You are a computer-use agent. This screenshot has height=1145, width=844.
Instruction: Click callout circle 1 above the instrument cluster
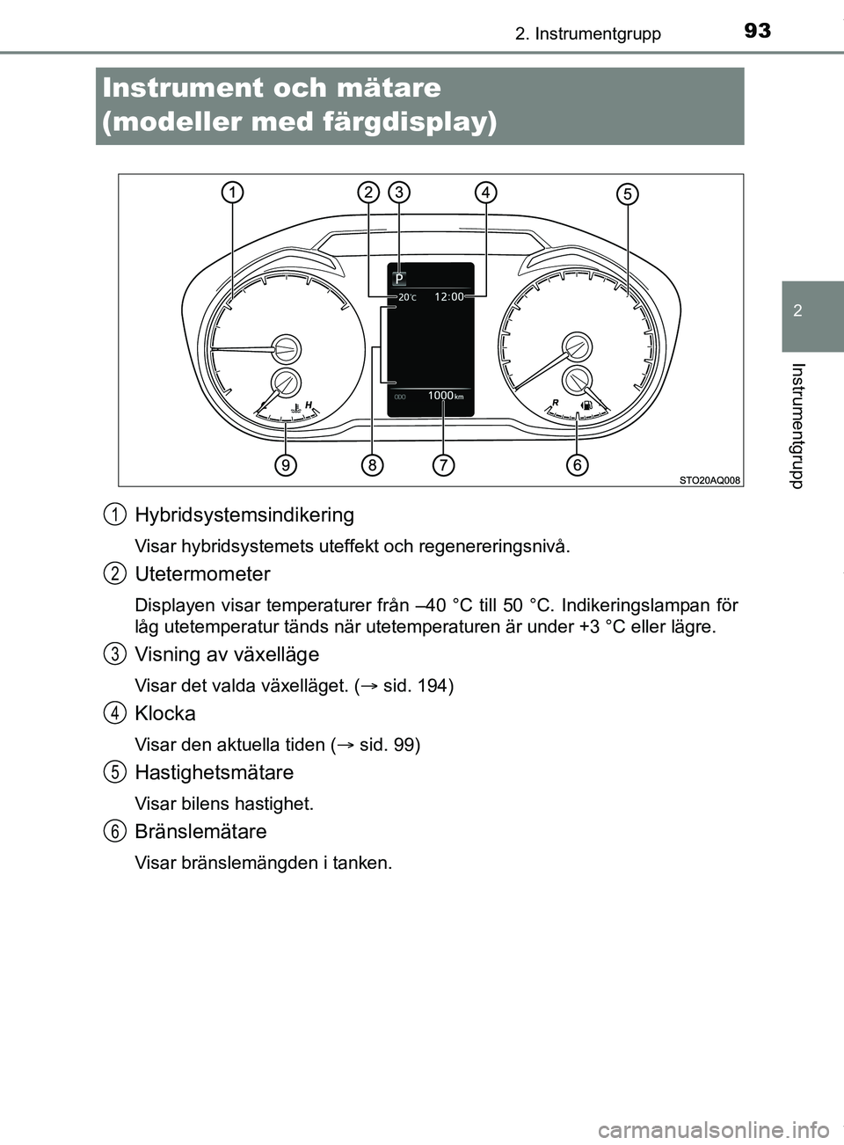pos(232,193)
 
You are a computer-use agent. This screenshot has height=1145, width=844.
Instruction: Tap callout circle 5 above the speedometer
pos(627,193)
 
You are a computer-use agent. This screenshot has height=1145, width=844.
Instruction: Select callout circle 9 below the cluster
pos(284,464)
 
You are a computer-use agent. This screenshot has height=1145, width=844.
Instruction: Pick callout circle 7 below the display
pos(443,464)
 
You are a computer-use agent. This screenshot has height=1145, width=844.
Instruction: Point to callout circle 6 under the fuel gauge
pos(577,464)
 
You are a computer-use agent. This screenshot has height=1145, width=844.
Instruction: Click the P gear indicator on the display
pos(399,279)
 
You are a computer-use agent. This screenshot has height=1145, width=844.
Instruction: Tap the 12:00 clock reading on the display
pos(448,297)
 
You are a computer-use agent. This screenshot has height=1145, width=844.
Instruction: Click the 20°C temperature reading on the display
pos(407,298)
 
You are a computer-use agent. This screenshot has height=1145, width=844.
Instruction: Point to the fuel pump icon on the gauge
pos(586,406)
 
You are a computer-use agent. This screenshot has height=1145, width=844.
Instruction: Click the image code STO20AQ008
pos(709,480)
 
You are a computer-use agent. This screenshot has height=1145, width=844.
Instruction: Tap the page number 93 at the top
pos(757,32)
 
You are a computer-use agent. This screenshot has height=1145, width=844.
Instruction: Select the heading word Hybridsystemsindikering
pos(244,515)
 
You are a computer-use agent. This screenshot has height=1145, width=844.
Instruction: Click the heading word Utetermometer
pos(202,574)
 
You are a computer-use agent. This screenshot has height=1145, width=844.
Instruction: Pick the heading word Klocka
pos(165,714)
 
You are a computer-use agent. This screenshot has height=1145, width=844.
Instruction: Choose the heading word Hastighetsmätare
pos(214,773)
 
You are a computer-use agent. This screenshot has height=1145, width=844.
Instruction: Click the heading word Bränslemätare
pos(200,832)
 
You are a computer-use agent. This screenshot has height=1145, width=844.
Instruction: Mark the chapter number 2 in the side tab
pos(797,311)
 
